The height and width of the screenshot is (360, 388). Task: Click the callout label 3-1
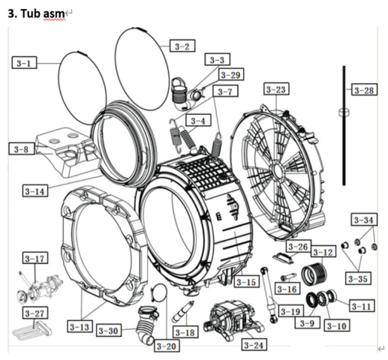pyautogui.click(x=24, y=63)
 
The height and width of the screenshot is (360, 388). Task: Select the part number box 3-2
pyautogui.click(x=182, y=46)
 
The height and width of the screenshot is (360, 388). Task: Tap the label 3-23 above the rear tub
pyautogui.click(x=276, y=89)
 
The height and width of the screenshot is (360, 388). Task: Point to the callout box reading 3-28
pyautogui.click(x=364, y=90)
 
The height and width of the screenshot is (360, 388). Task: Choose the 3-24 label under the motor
pyautogui.click(x=254, y=345)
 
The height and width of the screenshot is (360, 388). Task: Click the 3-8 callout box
pyautogui.click(x=21, y=149)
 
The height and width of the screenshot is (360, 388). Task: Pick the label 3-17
pyautogui.click(x=35, y=259)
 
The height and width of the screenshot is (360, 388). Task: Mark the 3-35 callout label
pyautogui.click(x=358, y=278)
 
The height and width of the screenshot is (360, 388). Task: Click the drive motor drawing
pyautogui.click(x=233, y=319)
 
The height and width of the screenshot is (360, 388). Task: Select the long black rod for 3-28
pyautogui.click(x=344, y=125)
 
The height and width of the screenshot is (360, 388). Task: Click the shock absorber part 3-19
pyautogui.click(x=269, y=295)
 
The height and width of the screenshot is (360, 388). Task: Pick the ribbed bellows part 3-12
pyautogui.click(x=314, y=274)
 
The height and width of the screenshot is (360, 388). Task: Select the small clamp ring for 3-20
pyautogui.click(x=158, y=292)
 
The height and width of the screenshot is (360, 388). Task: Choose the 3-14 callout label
pyautogui.click(x=35, y=191)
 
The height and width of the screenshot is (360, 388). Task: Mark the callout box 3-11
pyautogui.click(x=362, y=306)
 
